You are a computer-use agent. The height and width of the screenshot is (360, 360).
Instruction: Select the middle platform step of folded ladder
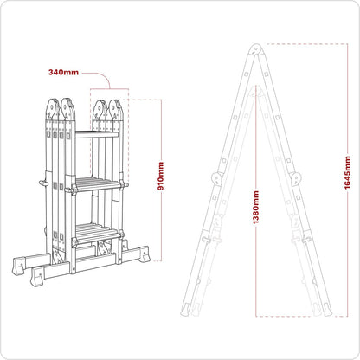coord(98,183)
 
